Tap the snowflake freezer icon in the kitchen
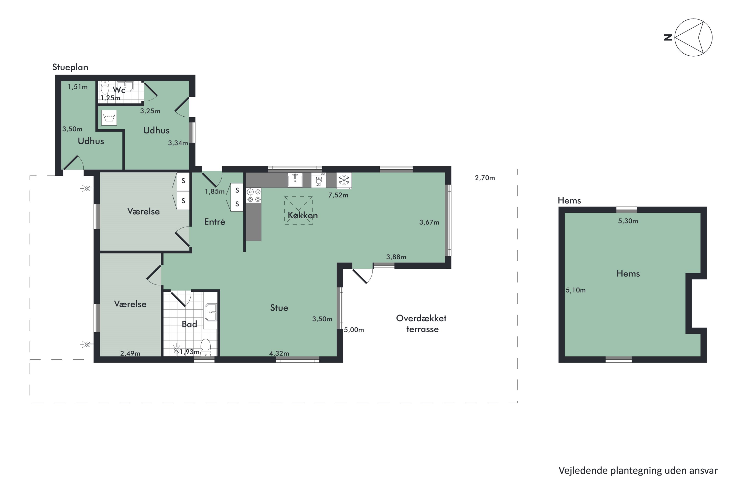pyautogui.click(x=344, y=181)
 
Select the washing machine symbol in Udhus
pyautogui.click(x=109, y=118)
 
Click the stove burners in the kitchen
pyautogui.click(x=254, y=195)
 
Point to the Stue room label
pyautogui.click(x=279, y=308)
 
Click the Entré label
pyautogui.click(x=215, y=222)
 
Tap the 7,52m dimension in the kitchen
pyautogui.click(x=338, y=195)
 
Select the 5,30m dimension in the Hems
pyautogui.click(x=628, y=221)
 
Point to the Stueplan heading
pyautogui.click(x=70, y=67)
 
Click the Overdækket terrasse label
pyautogui.click(x=421, y=324)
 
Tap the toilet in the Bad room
pyautogui.click(x=205, y=348)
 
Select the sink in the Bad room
pyautogui.click(x=211, y=312)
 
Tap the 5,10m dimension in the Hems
pyautogui.click(x=576, y=290)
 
